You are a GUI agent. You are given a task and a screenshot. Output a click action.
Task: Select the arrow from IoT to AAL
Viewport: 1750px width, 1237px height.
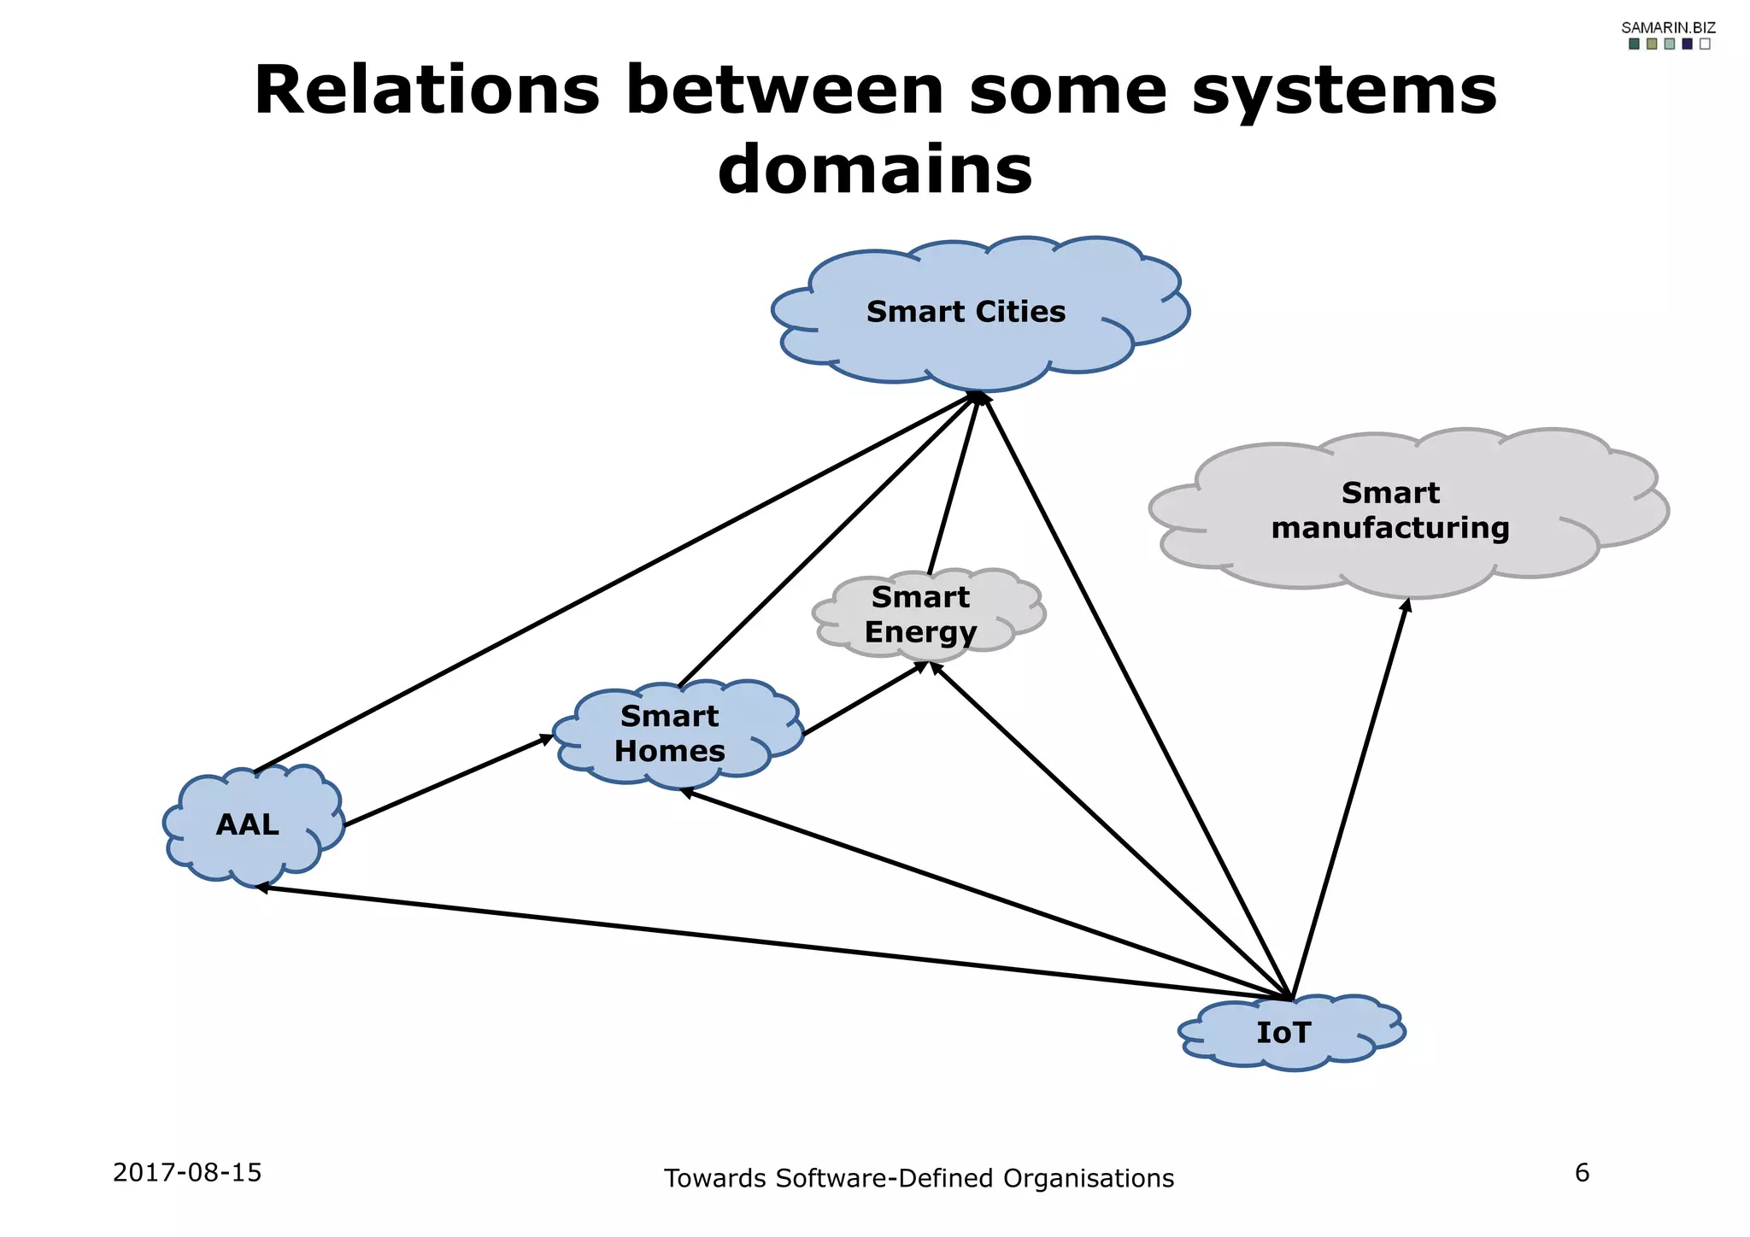point(769,942)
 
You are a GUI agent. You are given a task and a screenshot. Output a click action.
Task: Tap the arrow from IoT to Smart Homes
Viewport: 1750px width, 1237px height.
point(983,894)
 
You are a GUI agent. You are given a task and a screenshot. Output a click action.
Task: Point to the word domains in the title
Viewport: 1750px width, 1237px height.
point(875,169)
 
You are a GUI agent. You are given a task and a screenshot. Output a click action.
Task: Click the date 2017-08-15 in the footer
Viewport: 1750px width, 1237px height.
point(187,1172)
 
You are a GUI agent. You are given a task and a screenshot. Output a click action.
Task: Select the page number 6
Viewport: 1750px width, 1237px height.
point(1582,1172)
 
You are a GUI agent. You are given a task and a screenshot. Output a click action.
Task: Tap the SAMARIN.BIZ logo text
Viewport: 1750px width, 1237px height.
point(1668,27)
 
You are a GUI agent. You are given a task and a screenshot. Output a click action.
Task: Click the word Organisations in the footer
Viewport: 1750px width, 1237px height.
point(1088,1178)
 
